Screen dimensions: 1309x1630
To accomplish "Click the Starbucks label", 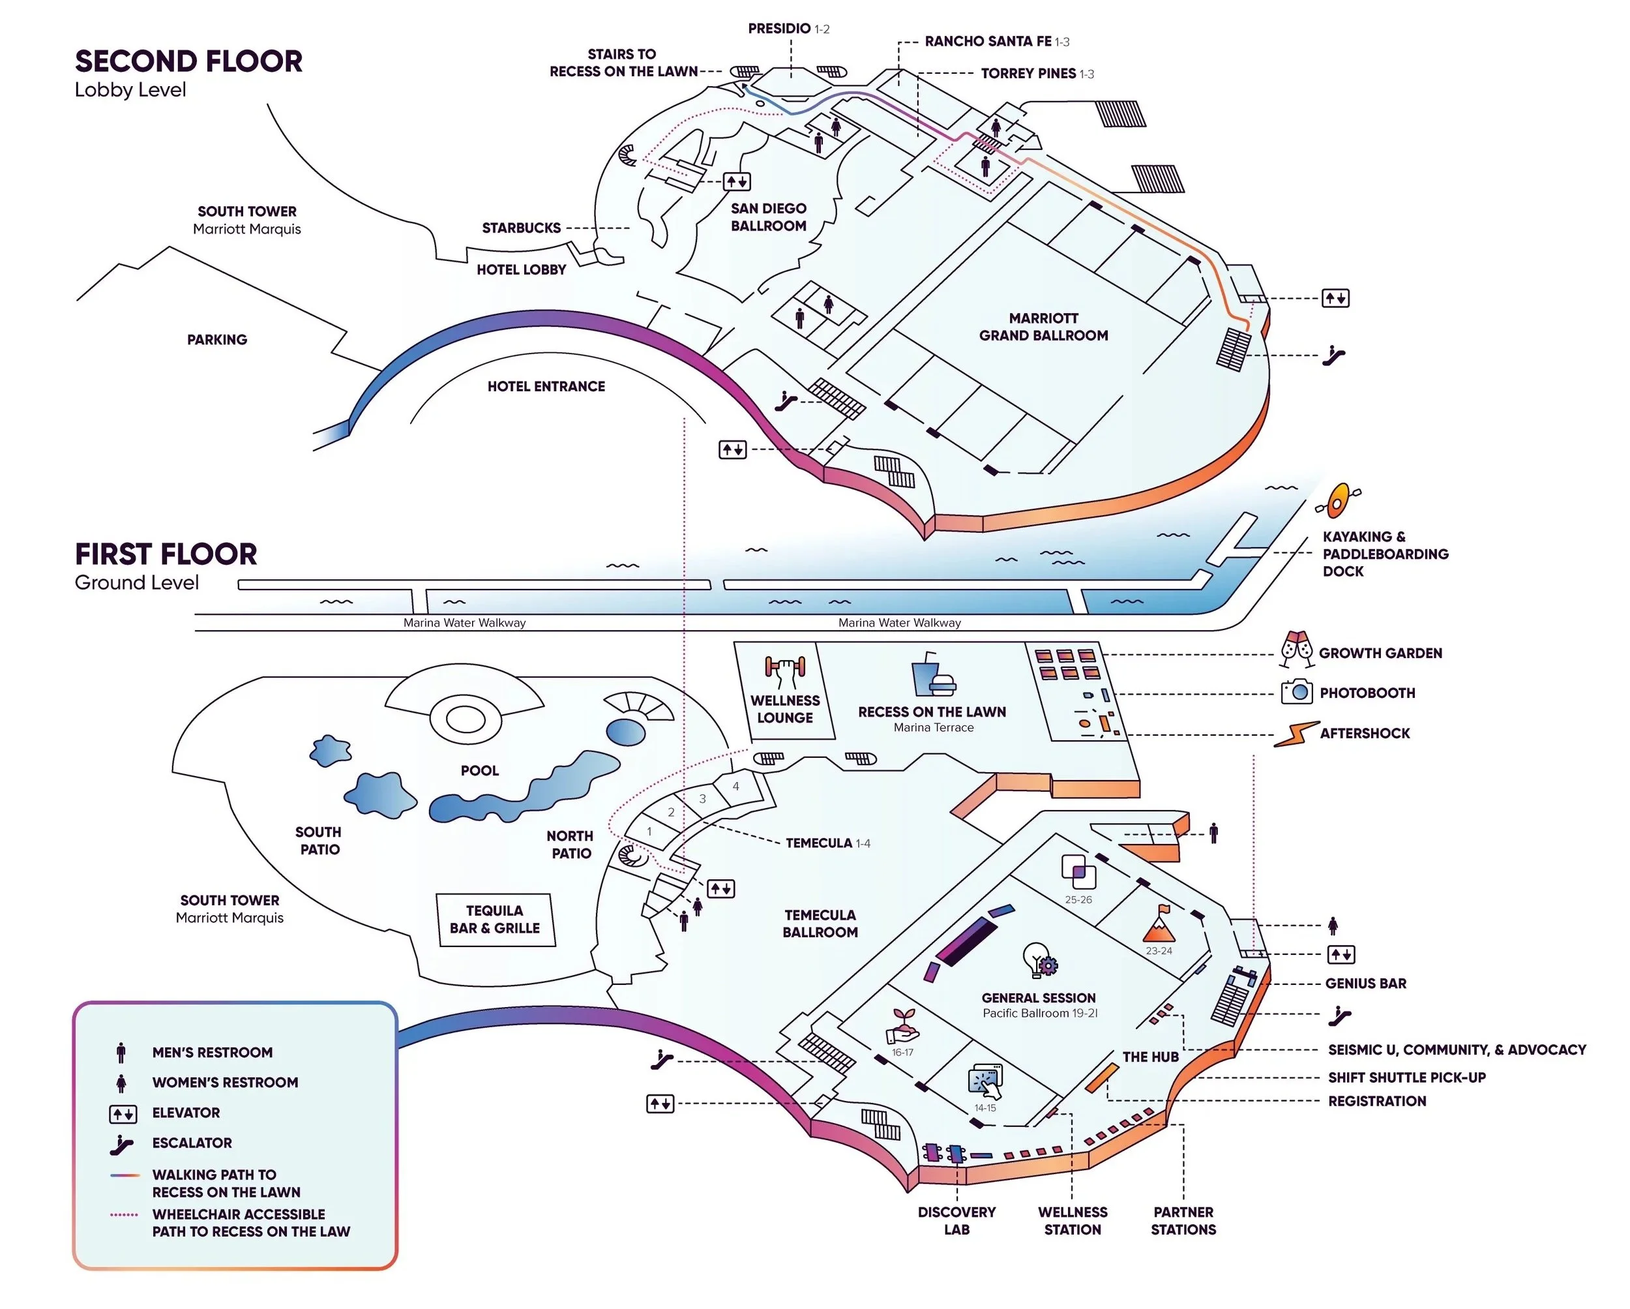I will pos(521,228).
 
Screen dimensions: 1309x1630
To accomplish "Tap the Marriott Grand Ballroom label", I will pos(1043,327).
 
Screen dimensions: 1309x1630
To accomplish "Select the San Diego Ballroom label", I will pos(768,217).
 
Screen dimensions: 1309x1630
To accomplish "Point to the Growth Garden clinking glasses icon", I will pos(1296,650).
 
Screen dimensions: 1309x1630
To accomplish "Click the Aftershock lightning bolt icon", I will pos(1295,734).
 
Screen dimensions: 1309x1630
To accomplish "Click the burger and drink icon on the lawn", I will pos(932,675).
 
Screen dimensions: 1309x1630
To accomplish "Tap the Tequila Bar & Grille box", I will pos(496,920).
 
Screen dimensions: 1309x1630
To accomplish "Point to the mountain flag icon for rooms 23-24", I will pos(1158,925).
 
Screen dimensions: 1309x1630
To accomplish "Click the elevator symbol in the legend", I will pos(123,1113).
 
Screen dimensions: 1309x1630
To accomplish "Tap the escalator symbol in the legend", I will pos(121,1144).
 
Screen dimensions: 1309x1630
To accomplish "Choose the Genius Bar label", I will pos(1365,983).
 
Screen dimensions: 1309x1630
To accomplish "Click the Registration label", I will pos(1377,1101).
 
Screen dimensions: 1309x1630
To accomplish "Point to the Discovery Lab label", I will pos(956,1220).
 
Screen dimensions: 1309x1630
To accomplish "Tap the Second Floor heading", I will pos(188,61).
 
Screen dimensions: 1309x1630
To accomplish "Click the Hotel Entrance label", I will pos(546,386).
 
